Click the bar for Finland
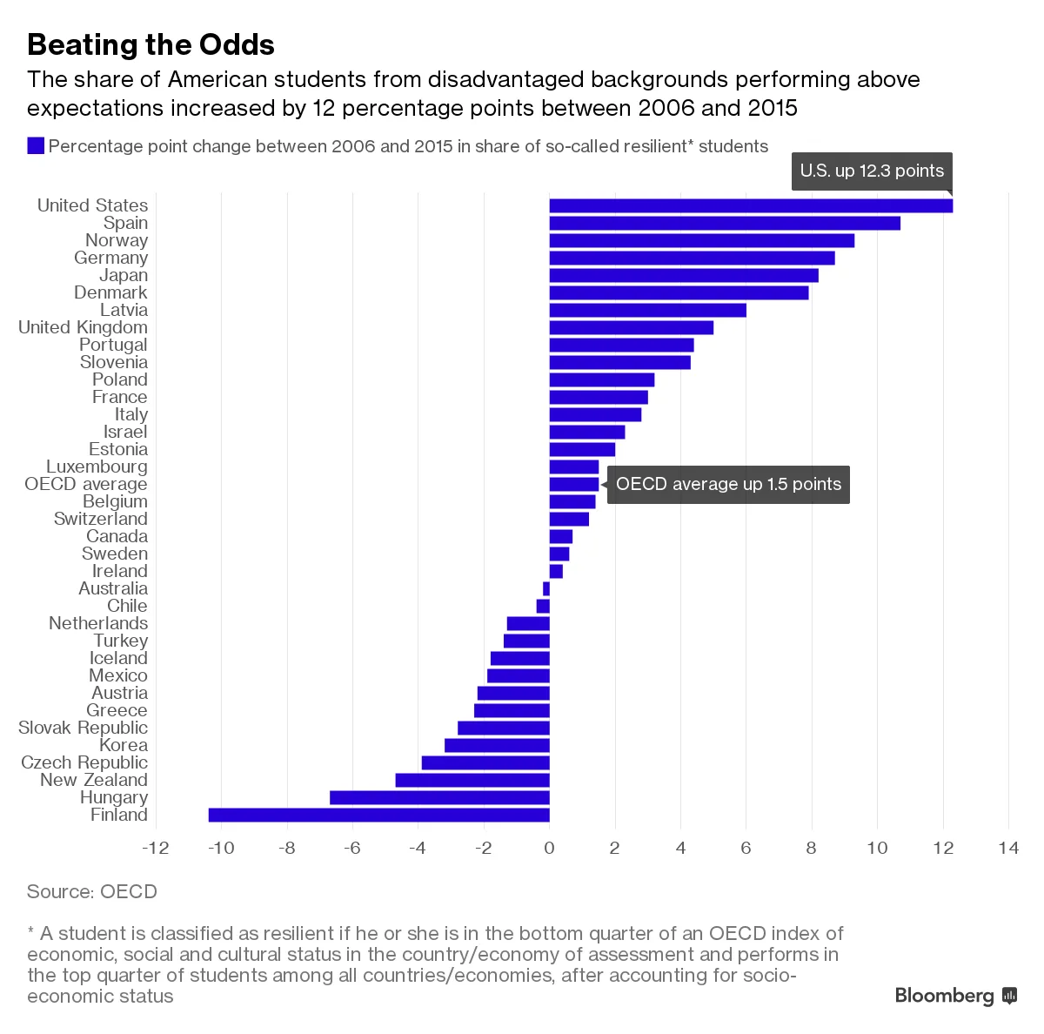378,815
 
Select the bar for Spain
725,223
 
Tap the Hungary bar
439,797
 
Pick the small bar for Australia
546,588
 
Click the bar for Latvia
647,310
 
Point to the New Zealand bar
472,780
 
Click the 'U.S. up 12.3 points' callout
872,171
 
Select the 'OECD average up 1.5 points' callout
728,485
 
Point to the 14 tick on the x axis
1008,848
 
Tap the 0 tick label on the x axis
549,848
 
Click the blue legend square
36,146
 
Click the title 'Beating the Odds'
151,44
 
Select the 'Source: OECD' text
92,891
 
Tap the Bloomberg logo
955,996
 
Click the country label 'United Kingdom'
84,327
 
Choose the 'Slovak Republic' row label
84,728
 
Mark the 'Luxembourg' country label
97,467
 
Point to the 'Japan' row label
124,275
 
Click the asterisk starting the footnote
31,933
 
